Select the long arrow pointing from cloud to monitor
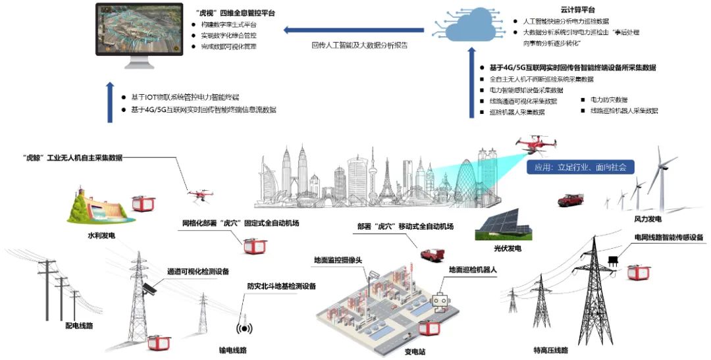356,29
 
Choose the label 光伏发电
507,249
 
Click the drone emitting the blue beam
535,145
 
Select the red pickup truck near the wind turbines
571,199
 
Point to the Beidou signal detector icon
244,327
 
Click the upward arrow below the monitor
110,102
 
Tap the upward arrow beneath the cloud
471,90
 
